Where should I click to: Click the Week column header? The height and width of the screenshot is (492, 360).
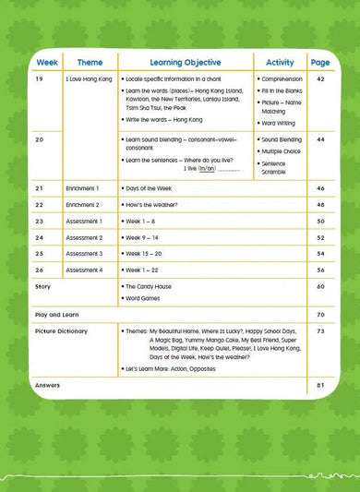[x=46, y=63]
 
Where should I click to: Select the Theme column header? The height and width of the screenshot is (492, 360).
[x=90, y=63]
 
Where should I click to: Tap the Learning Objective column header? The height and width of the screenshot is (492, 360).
[x=186, y=63]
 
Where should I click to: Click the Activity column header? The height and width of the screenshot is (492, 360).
[x=280, y=63]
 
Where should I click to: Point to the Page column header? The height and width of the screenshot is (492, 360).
[x=320, y=63]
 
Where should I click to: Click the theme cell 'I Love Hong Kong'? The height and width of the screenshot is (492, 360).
[x=90, y=80]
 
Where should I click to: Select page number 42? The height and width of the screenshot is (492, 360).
[x=320, y=80]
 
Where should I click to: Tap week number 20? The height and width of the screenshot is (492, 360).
[x=39, y=139]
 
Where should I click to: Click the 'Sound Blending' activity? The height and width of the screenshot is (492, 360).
[x=282, y=139]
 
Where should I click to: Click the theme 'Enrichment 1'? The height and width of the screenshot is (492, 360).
[x=83, y=188]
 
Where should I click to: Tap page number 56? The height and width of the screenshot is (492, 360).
[x=320, y=270]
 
